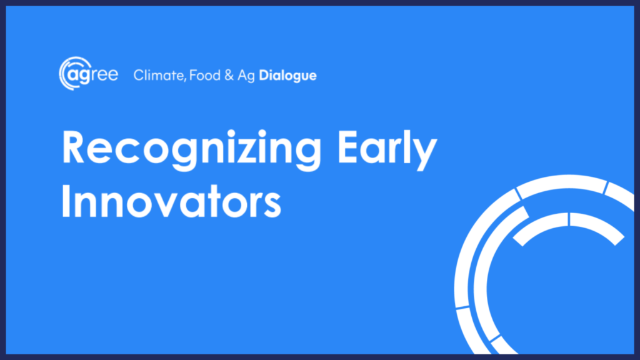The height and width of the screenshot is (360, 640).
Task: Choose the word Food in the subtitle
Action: click(x=205, y=76)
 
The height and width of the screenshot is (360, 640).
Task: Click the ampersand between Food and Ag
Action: click(x=229, y=76)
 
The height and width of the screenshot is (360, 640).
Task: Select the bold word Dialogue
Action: click(x=287, y=76)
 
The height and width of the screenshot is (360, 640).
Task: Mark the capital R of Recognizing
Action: click(x=74, y=147)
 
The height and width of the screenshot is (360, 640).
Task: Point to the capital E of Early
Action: click(x=347, y=147)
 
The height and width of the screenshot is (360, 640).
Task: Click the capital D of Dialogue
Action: click(x=264, y=76)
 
